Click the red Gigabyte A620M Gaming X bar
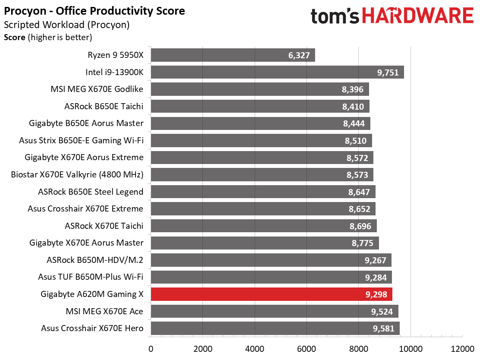coord(272,294)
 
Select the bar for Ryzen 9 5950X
coord(233,55)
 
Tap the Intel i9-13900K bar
coord(278,72)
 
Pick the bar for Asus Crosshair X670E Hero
coord(275,328)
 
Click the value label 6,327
coord(299,55)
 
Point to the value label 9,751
coord(388,73)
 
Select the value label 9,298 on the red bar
coord(376,294)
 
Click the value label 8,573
coord(357,175)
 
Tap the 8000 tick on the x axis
coord(358,349)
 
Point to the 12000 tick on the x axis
coord(462,349)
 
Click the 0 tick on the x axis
coord(151,349)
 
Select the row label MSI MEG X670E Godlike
coord(97,89)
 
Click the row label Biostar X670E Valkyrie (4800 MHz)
coord(77,174)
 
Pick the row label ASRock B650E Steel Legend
coord(91,192)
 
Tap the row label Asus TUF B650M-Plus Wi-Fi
coord(91,277)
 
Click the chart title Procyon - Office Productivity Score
coord(94,11)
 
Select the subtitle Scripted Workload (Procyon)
coord(67,25)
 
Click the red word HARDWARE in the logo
coord(418,16)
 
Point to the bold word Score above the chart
coord(14,38)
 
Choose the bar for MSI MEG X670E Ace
coord(275,311)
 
